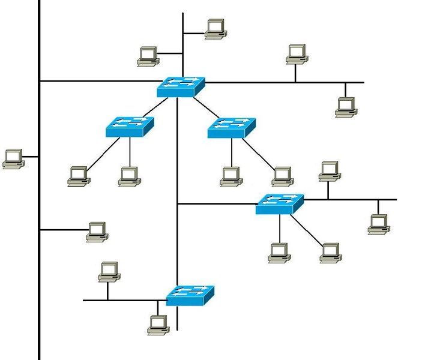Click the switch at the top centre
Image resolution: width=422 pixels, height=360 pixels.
tap(180, 86)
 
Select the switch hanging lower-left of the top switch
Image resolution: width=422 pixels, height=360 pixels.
tap(130, 127)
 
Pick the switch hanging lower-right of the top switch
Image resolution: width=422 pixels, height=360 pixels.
tap(231, 127)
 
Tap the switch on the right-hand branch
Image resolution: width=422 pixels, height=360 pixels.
tap(280, 204)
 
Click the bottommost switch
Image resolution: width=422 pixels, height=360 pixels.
tap(190, 295)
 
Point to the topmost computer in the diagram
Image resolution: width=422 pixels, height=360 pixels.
tap(215, 29)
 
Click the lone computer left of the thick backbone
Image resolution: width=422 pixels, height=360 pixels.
tap(13, 158)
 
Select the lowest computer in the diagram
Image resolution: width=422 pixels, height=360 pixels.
tap(157, 325)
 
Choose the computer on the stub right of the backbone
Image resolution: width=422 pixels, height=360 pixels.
tap(96, 232)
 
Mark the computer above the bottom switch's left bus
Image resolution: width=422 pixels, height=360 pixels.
tap(108, 271)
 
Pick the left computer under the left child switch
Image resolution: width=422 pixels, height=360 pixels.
tap(78, 176)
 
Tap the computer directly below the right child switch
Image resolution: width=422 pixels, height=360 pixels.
tap(231, 176)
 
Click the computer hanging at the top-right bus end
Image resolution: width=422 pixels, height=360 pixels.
tap(345, 107)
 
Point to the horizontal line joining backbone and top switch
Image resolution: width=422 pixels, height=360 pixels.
tap(96, 81)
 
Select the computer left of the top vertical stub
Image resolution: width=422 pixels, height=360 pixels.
tap(147, 56)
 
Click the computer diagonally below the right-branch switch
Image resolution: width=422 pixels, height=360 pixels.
tap(330, 253)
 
